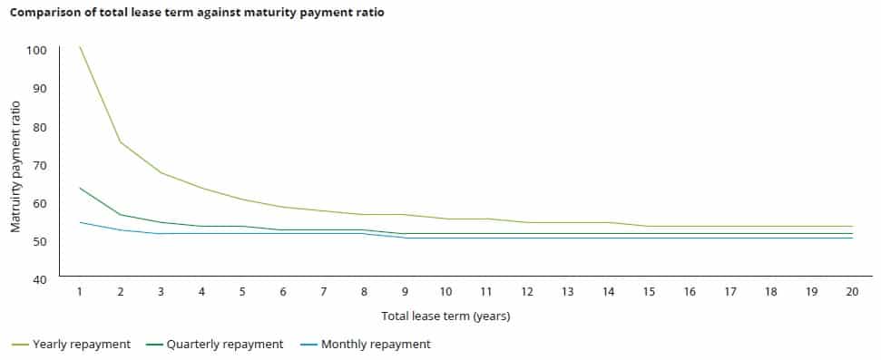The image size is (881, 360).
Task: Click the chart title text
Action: pos(197,15)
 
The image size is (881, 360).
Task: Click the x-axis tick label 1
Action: pos(80,292)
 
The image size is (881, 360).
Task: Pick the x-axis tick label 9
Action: pos(405,292)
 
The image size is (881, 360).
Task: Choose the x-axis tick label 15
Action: pos(649,292)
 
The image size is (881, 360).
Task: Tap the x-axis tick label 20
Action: pos(852,292)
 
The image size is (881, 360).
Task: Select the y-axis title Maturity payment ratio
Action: pos(16,162)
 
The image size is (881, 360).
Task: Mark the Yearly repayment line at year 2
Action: pos(121,142)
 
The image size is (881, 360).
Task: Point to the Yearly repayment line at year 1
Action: pos(80,46)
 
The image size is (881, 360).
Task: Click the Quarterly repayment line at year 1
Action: pos(80,188)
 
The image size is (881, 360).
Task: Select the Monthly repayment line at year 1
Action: pos(80,222)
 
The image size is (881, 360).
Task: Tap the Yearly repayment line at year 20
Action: pos(852,226)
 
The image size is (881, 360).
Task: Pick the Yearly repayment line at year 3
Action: pos(162,172)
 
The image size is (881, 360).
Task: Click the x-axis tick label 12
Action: pos(527,292)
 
